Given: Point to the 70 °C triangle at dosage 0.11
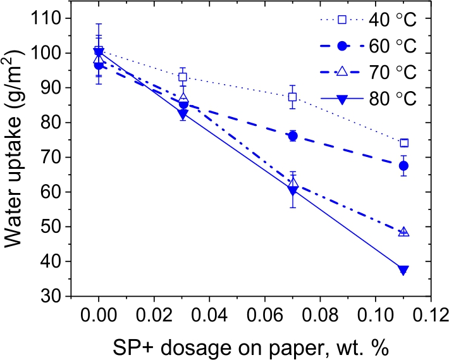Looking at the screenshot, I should point(404,232).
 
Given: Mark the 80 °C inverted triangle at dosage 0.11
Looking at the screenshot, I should point(404,270).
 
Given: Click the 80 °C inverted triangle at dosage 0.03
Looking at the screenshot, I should point(183,114).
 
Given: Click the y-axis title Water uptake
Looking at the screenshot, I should point(17,157).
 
